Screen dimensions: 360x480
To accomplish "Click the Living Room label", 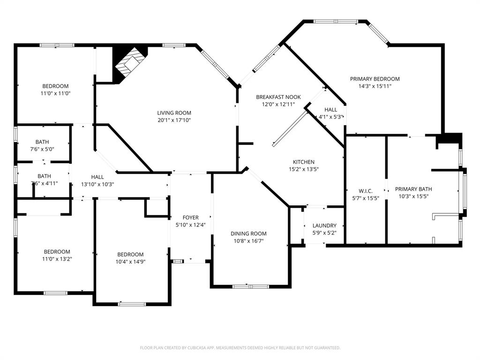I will tap(174, 113).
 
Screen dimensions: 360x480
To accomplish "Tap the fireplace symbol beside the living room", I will tap(129, 65).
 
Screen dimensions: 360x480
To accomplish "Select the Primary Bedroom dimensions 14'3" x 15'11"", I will tap(375, 86).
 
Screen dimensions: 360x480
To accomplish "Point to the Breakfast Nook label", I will tap(278, 97).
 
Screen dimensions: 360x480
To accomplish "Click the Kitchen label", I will tap(304, 162).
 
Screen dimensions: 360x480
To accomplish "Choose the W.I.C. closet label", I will tap(365, 191).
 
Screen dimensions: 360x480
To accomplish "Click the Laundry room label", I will tap(324, 225).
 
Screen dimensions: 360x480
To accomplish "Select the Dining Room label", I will tap(248, 233).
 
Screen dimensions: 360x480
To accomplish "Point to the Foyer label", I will tap(190, 217).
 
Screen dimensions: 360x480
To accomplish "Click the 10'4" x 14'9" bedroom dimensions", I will tap(131, 262).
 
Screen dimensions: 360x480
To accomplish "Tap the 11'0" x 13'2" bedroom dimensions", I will tap(57, 259).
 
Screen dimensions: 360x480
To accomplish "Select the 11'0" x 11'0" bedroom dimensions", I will tap(55, 93).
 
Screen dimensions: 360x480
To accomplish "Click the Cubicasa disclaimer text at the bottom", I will tap(240, 348).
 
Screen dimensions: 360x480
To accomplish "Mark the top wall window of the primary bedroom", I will tap(336, 21).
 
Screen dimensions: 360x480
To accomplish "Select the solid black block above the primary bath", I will tap(449, 139).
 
